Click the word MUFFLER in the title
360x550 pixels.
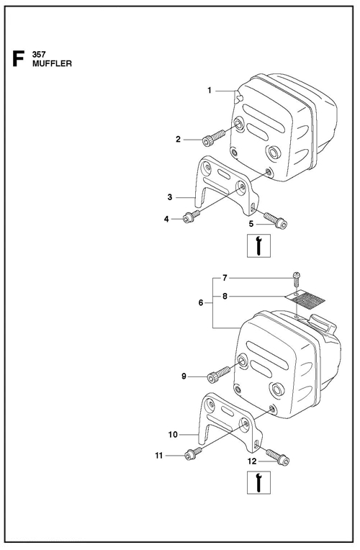[x=53, y=63]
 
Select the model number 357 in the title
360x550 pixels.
[x=40, y=54]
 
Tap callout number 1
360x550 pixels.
[x=210, y=91]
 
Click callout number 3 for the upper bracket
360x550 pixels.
[x=169, y=196]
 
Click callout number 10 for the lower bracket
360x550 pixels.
[x=173, y=434]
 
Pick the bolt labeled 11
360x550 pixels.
[x=192, y=454]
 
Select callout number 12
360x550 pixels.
[x=251, y=461]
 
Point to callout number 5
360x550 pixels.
[x=252, y=224]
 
